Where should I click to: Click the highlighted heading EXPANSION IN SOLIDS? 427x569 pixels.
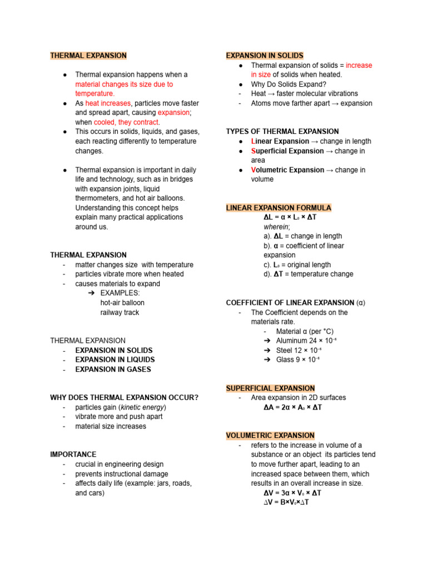coord(265,56)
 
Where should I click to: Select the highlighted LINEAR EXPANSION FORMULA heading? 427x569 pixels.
coord(279,208)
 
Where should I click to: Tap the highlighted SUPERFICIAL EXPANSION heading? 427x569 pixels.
coord(270,388)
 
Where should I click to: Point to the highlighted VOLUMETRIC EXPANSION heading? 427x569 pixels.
coord(270,435)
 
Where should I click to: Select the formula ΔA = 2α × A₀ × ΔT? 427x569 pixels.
coord(292,407)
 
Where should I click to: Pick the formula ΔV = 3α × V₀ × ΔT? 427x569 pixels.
coord(292,493)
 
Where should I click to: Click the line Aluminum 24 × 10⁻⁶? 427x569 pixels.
coord(299,341)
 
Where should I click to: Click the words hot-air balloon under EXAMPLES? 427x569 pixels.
coord(122,303)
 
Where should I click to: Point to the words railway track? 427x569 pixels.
coord(120,312)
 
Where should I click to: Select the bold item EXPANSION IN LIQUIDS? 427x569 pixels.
coord(115,360)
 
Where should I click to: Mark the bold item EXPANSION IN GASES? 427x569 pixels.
coord(113,369)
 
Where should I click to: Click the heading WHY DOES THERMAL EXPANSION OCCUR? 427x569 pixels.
coord(124,398)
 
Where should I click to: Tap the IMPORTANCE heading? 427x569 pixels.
coord(73,455)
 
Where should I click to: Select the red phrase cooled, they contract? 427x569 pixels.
coord(127,122)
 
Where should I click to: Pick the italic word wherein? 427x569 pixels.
coord(276,227)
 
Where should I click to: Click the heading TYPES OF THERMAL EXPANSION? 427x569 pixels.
coord(282,132)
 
